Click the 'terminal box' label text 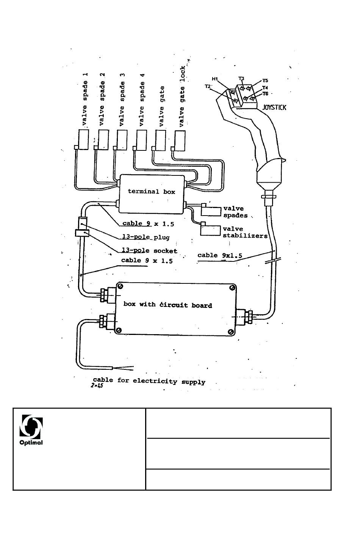[x=151, y=191]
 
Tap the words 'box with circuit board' [x=167, y=305]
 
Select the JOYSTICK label [x=274, y=107]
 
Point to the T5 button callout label [x=265, y=81]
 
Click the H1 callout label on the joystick [x=215, y=79]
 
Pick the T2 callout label [x=208, y=86]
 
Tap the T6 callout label [x=265, y=94]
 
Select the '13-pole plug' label [x=146, y=237]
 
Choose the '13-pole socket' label [x=150, y=250]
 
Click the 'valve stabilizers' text [x=245, y=232]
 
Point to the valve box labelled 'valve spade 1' [x=83, y=139]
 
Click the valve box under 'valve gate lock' [x=180, y=141]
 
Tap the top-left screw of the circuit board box [x=121, y=286]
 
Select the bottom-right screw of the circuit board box [x=231, y=332]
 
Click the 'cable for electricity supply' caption [x=149, y=381]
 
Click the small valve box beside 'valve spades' [x=211, y=211]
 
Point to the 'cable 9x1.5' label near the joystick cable [x=220, y=255]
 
